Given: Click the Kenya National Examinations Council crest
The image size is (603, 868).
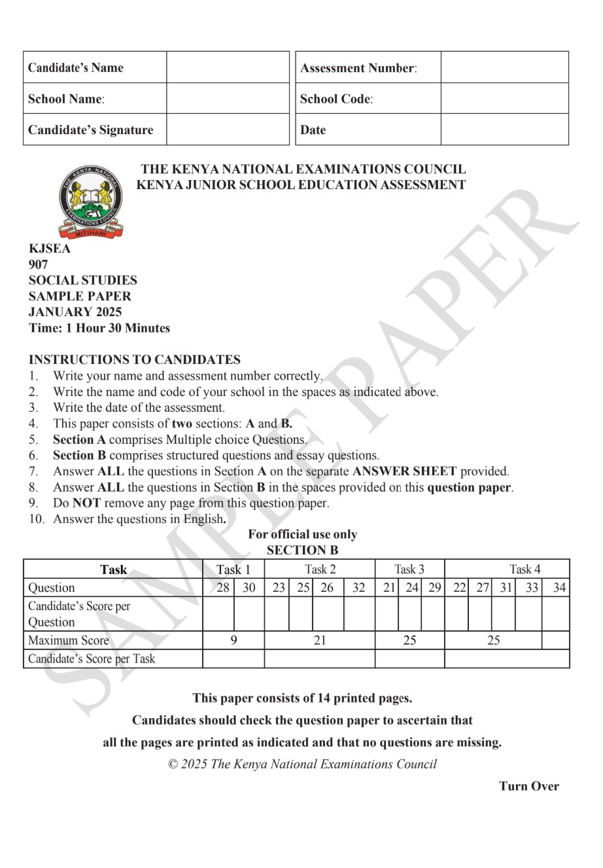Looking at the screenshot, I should pyautogui.click(x=91, y=202).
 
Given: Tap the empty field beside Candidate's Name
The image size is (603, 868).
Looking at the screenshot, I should pyautogui.click(x=228, y=67).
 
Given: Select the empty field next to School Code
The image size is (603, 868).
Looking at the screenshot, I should pyautogui.click(x=504, y=99).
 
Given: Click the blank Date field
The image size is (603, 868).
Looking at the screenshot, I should pyautogui.click(x=504, y=130).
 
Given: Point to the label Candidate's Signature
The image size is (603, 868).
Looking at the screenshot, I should pyautogui.click(x=91, y=130).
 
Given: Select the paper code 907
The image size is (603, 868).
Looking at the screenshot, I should pyautogui.click(x=39, y=264).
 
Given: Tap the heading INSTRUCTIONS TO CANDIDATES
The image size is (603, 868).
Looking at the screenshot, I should pyautogui.click(x=135, y=359).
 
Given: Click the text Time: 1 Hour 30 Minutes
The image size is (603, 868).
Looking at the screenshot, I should pyautogui.click(x=99, y=328).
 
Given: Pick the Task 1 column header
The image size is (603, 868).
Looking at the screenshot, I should pyautogui.click(x=233, y=570).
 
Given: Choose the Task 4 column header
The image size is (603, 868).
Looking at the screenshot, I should pyautogui.click(x=525, y=570).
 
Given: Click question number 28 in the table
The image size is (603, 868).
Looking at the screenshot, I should pyautogui.click(x=222, y=587).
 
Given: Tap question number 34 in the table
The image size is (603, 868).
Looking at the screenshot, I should pyautogui.click(x=559, y=587).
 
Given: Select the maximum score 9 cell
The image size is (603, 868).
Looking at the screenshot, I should pyautogui.click(x=233, y=640).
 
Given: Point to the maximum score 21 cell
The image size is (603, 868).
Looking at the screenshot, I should pyautogui.click(x=319, y=640).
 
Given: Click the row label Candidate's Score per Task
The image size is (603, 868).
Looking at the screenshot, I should pyautogui.click(x=92, y=659).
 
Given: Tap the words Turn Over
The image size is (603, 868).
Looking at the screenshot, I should pyautogui.click(x=529, y=786).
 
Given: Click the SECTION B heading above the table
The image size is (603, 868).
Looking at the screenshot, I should pyautogui.click(x=302, y=550).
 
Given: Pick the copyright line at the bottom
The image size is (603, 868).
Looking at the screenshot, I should pyautogui.click(x=302, y=764).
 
